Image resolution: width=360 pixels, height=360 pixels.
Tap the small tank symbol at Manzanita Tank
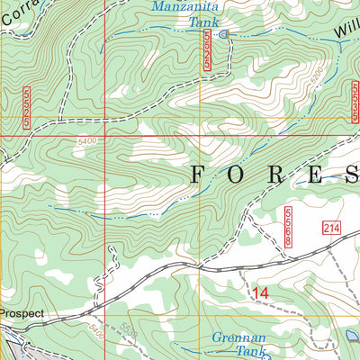pyautogui.click(x=224, y=34)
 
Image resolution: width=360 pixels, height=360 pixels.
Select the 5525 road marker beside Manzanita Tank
pyautogui.click(x=209, y=49)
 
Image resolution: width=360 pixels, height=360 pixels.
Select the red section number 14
pyautogui.click(x=260, y=292)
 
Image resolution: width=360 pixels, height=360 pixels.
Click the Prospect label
pyautogui.click(x=22, y=314)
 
